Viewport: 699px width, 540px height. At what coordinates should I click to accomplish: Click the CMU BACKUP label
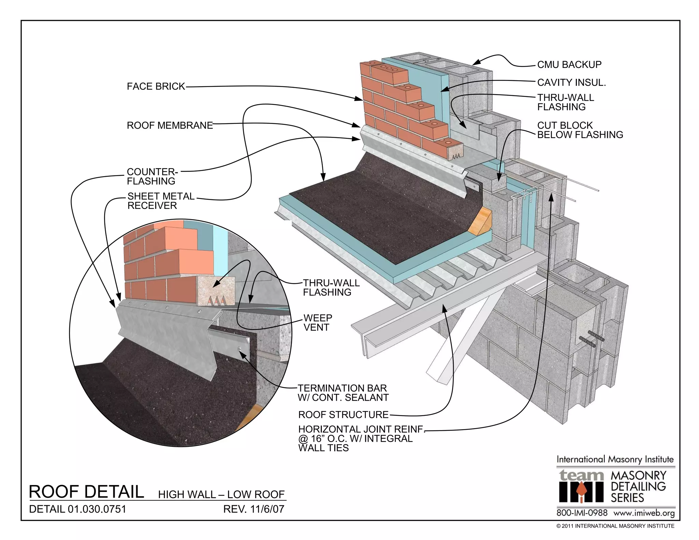[569, 65]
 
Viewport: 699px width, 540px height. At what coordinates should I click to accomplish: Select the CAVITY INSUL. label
[571, 83]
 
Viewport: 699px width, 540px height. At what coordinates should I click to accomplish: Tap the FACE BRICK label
[156, 86]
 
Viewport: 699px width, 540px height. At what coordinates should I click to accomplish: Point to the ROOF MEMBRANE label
[170, 126]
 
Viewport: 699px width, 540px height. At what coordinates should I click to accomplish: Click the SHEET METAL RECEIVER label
[160, 201]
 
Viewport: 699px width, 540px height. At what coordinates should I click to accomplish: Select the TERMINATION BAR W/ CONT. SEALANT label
[343, 393]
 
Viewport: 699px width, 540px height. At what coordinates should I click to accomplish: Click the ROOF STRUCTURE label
[343, 415]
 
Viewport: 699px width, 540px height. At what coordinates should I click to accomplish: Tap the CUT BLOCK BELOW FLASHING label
[580, 130]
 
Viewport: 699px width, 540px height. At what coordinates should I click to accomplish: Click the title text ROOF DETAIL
[86, 492]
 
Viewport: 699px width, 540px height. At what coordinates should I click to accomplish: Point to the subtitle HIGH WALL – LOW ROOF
[221, 494]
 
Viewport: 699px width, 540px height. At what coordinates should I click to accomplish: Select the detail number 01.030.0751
[97, 509]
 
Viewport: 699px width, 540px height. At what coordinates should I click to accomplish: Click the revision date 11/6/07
[267, 509]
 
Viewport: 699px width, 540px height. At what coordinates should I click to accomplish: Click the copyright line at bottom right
[615, 526]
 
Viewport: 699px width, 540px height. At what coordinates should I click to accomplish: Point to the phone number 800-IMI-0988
[582, 513]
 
